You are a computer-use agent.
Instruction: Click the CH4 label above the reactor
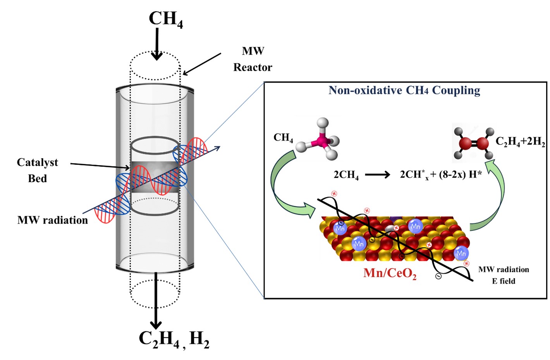pyautogui.click(x=165, y=19)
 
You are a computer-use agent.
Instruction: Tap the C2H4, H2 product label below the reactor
pyautogui.click(x=174, y=338)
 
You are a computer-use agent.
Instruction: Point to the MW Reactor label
pyautogui.click(x=253, y=59)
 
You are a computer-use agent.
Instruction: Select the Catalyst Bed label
pyautogui.click(x=37, y=170)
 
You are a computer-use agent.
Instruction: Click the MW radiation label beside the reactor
pyautogui.click(x=53, y=220)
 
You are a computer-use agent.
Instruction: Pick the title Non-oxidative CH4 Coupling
pyautogui.click(x=404, y=90)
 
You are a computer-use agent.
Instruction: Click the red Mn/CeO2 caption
pyautogui.click(x=390, y=273)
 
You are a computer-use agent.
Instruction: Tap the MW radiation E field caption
pyautogui.click(x=504, y=275)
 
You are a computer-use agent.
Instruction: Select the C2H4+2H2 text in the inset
pyautogui.click(x=520, y=141)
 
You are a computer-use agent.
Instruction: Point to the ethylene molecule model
pyautogui.click(x=474, y=143)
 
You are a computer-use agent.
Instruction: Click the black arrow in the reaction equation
pyautogui.click(x=378, y=175)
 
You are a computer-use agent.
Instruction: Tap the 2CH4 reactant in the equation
pyautogui.click(x=346, y=175)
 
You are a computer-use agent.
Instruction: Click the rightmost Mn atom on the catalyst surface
pyautogui.click(x=461, y=253)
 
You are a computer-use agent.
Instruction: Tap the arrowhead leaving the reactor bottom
pyautogui.click(x=156, y=324)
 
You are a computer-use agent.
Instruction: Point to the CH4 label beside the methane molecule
pyautogui.click(x=283, y=138)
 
